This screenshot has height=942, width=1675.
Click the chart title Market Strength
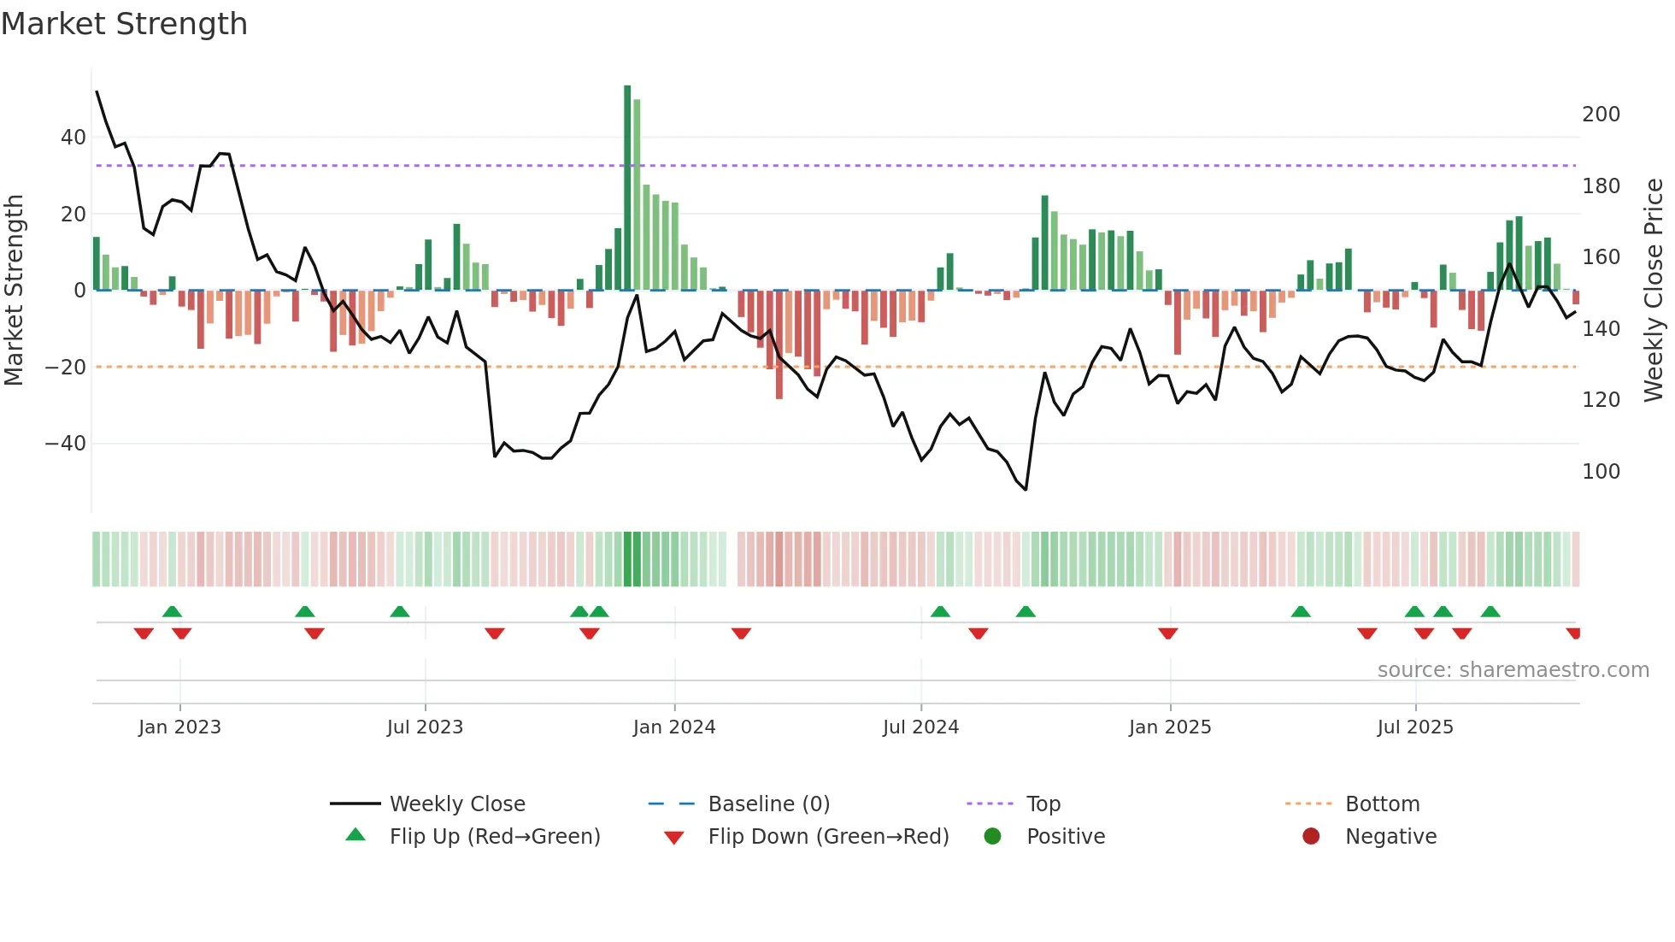pyautogui.click(x=124, y=24)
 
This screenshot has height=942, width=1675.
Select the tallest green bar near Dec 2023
pyautogui.click(x=627, y=188)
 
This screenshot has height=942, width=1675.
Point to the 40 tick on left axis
pyautogui.click(x=73, y=138)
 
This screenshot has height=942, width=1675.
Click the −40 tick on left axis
pyautogui.click(x=66, y=444)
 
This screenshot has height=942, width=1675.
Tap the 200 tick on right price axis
pyautogui.click(x=1601, y=115)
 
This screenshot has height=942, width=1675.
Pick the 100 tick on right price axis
pyautogui.click(x=1601, y=472)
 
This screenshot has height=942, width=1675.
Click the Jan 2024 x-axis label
pyautogui.click(x=673, y=727)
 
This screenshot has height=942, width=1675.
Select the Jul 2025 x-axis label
pyautogui.click(x=1414, y=727)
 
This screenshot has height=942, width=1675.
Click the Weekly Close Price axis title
pyautogui.click(x=1654, y=291)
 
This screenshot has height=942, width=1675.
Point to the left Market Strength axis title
pyautogui.click(x=15, y=291)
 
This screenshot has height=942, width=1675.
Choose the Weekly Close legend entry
pyautogui.click(x=456, y=804)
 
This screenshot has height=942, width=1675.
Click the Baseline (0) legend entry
pyautogui.click(x=768, y=804)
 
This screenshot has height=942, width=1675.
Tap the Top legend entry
pyautogui.click(x=1043, y=804)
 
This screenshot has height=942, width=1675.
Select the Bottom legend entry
pyautogui.click(x=1382, y=804)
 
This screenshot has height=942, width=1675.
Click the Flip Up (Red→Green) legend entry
pyautogui.click(x=494, y=837)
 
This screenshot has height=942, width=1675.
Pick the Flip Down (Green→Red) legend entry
pyautogui.click(x=827, y=837)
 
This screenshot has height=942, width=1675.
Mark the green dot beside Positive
pyautogui.click(x=992, y=837)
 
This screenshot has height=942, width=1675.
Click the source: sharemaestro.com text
pyautogui.click(x=1513, y=670)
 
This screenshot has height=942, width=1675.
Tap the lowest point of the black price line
pyautogui.click(x=1026, y=490)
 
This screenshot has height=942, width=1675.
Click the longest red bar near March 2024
pyautogui.click(x=779, y=344)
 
